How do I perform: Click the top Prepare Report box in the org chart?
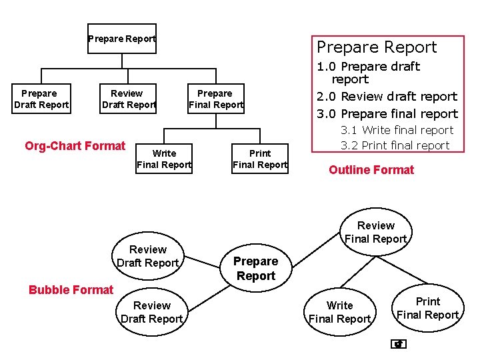click(x=122, y=39)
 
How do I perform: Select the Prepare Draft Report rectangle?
click(x=41, y=99)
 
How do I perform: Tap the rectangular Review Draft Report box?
click(x=128, y=99)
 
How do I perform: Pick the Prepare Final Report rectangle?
click(x=215, y=99)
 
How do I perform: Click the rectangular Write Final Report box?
click(x=164, y=159)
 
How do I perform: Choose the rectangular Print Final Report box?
click(x=260, y=159)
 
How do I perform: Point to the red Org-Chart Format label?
click(x=75, y=146)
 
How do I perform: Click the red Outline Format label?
click(x=371, y=170)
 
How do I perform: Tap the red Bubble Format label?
click(x=71, y=289)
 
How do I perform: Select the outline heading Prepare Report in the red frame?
click(x=377, y=47)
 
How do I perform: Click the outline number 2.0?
click(x=327, y=97)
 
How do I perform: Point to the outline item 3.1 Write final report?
click(x=397, y=130)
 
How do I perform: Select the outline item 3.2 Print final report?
click(x=395, y=145)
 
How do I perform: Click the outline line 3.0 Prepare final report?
click(x=387, y=113)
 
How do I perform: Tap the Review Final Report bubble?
click(x=375, y=232)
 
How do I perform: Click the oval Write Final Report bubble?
click(x=339, y=312)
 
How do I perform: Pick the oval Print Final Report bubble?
click(x=427, y=308)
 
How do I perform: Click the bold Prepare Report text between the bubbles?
click(x=255, y=269)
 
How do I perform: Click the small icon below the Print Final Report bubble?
click(x=399, y=344)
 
